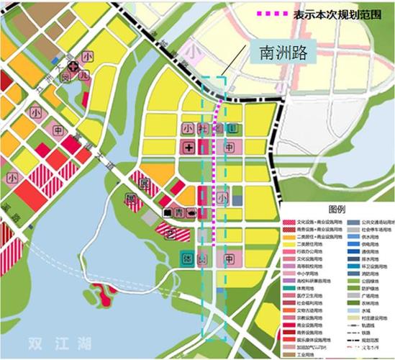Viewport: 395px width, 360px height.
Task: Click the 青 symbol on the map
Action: pos(180,212)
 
